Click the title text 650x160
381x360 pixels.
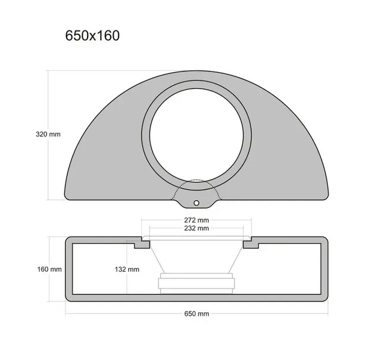92,36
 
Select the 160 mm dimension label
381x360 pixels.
48,269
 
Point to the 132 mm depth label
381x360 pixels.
126,269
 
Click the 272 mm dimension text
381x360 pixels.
196,219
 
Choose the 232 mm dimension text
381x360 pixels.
196,228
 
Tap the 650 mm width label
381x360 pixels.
196,314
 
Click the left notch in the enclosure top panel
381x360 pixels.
142,244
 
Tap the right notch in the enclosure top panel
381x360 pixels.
251,244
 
